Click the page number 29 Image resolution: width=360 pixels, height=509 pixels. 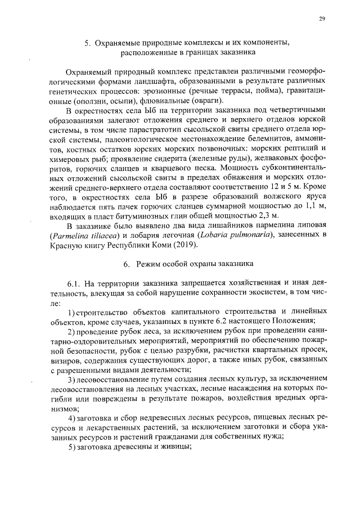click(322, 19)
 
